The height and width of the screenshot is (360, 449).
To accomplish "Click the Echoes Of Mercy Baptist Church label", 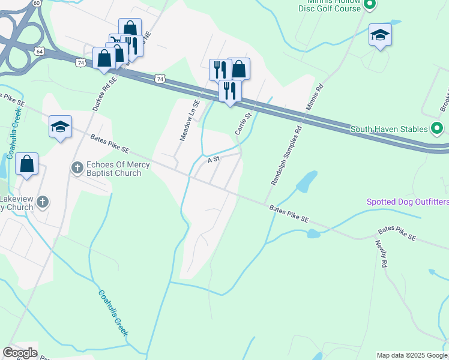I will pyautogui.click(x=114, y=169).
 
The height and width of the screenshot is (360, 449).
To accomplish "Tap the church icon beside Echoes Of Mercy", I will pyautogui.click(x=77, y=168).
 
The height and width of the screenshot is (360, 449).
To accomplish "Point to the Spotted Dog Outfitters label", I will pyautogui.click(x=408, y=202).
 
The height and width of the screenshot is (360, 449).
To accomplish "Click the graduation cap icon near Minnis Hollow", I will pyautogui.click(x=380, y=35).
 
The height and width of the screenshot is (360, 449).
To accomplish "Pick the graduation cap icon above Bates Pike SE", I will pyautogui.click(x=60, y=127).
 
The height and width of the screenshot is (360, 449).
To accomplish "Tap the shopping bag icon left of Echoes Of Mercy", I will pyautogui.click(x=27, y=164).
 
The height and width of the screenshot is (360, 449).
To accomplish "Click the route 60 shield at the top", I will pyautogui.click(x=37, y=3).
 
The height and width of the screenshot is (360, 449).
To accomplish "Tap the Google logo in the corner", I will pyautogui.click(x=20, y=353).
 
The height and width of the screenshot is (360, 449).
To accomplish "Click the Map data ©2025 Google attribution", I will pyautogui.click(x=412, y=355).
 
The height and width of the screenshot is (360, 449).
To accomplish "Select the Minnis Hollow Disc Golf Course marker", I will pyautogui.click(x=370, y=5).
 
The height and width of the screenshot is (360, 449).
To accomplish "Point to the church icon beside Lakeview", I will pyautogui.click(x=42, y=202).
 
